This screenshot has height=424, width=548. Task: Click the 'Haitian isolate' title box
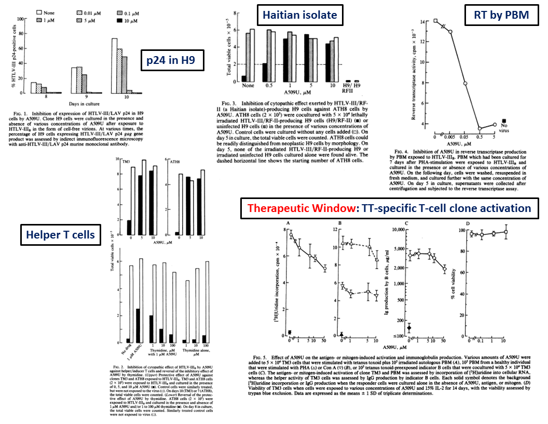299,15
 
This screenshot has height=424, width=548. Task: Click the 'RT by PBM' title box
501,15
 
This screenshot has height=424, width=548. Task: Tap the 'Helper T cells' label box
61,235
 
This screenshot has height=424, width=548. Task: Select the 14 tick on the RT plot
429,22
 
